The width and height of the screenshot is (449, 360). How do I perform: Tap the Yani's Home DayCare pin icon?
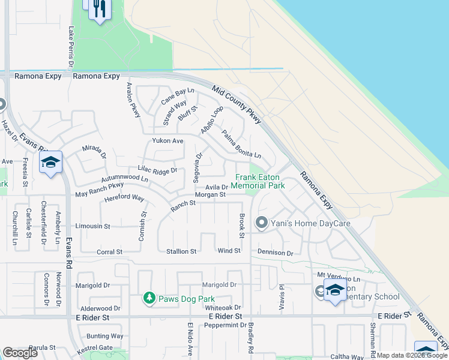261,223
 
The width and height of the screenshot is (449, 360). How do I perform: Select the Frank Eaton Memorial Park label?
260,181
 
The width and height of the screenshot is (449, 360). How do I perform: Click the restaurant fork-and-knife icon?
100,8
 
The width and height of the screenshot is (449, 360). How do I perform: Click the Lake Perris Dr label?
71,46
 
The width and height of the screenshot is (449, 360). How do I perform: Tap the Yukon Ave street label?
167,141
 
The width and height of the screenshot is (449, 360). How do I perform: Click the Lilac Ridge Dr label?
157,170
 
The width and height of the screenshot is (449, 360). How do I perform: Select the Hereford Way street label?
124,198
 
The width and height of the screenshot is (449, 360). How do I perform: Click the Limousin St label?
92,226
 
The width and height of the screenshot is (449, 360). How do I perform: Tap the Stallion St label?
181,251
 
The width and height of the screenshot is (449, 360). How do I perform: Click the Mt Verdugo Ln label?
339,280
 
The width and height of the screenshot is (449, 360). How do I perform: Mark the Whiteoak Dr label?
223,307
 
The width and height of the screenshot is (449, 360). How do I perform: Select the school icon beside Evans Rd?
51,162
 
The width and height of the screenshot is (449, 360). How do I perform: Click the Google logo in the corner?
20,353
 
